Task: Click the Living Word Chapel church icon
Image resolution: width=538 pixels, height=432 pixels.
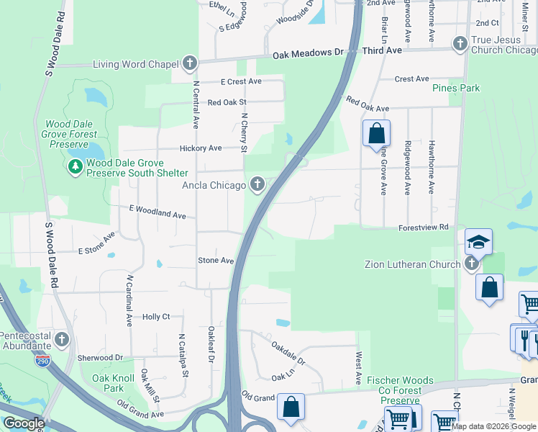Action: (x=190, y=63)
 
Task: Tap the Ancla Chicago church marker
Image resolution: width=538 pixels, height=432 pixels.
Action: (x=257, y=185)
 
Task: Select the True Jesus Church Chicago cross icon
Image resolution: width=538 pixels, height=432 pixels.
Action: (x=460, y=44)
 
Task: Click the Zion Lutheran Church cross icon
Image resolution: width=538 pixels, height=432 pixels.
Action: (x=472, y=264)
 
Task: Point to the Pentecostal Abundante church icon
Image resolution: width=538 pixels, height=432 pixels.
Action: (x=62, y=338)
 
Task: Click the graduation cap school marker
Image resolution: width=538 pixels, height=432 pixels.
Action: (x=478, y=243)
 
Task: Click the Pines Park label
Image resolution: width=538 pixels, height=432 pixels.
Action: (x=455, y=88)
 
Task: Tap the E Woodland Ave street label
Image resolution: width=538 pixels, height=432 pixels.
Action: (x=158, y=212)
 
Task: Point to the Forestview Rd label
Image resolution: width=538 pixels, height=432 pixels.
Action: (x=424, y=228)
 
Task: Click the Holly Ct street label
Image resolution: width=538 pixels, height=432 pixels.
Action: (x=156, y=316)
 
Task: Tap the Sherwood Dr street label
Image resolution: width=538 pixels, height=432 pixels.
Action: (x=96, y=357)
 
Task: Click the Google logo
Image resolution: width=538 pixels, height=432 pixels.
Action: (x=23, y=423)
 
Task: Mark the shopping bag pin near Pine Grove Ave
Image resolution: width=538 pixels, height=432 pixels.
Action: (x=375, y=133)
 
